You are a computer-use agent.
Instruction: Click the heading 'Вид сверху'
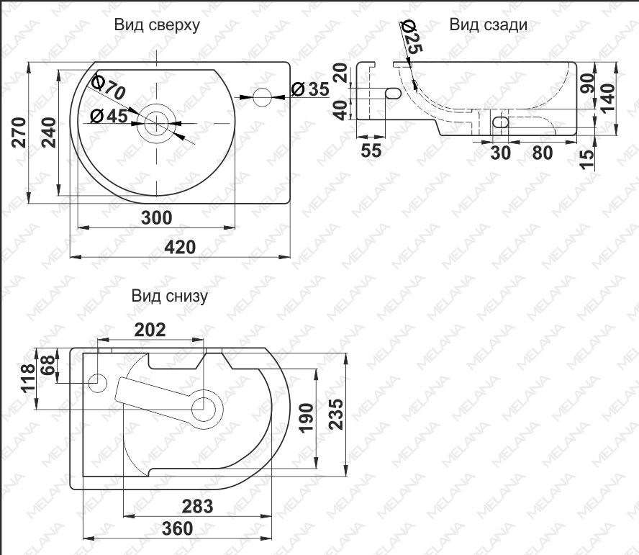157,25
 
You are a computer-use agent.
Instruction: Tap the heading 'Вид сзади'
488,25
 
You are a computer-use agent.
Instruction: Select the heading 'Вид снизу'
170,296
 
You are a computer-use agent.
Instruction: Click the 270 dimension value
19,132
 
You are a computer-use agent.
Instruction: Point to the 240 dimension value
49,132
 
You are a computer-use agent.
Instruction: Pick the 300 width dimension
156,218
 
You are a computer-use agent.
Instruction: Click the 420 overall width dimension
180,247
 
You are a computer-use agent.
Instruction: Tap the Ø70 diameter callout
108,87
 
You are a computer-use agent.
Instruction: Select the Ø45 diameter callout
109,116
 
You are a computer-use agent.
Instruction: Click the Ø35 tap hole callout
311,89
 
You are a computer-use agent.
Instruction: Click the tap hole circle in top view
262,97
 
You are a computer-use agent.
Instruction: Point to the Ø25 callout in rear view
412,37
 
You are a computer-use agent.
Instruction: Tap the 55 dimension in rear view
371,150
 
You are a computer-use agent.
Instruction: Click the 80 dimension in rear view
543,153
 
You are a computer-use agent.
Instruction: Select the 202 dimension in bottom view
150,330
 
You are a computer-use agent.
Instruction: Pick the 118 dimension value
28,379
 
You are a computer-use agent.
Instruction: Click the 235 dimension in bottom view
336,415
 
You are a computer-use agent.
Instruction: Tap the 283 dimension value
197,507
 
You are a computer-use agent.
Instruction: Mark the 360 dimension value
177,529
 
